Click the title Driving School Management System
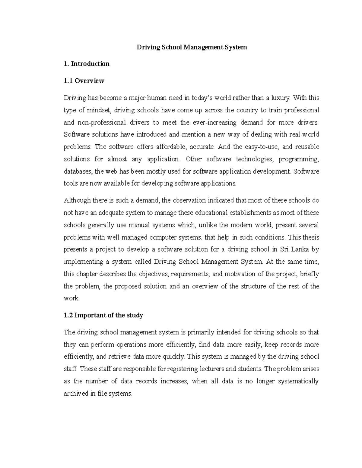pos(192,47)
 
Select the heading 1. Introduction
pos(87,64)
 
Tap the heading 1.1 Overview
pos(84,80)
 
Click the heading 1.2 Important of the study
pos(103,315)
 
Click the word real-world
pos(304,134)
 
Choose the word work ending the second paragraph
pos(71,298)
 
